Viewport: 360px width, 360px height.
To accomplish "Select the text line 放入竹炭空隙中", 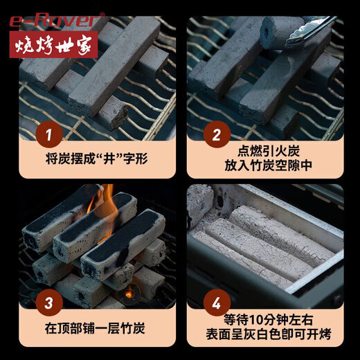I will click(x=266, y=166).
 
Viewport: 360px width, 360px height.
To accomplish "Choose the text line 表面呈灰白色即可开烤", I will click(x=266, y=335).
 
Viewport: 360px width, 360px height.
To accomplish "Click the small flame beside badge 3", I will click(x=129, y=294).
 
